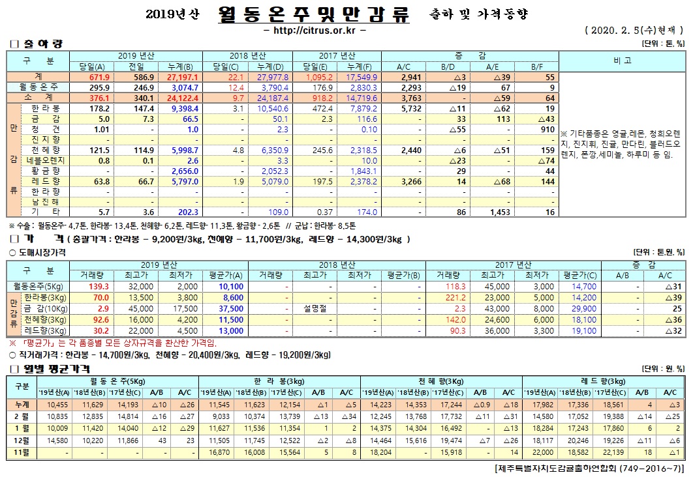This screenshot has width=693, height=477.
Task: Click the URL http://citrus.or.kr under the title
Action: click(313, 31)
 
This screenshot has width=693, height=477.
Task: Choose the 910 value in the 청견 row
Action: click(549, 129)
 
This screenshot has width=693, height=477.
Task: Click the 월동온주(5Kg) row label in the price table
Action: click(38, 285)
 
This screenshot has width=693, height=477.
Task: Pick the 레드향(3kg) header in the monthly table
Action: click(604, 381)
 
